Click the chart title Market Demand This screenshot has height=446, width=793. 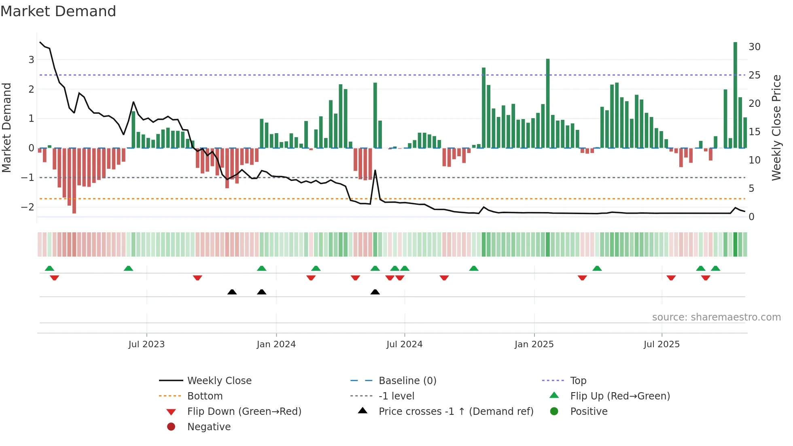(x=58, y=11)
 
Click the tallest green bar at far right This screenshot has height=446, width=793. (x=735, y=95)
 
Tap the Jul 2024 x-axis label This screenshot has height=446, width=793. (x=404, y=344)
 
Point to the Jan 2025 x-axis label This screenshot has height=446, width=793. (x=534, y=344)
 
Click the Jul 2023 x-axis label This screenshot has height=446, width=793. (x=146, y=344)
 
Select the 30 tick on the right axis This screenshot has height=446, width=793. (x=754, y=47)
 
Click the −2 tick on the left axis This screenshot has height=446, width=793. (x=28, y=207)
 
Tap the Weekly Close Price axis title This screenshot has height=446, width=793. (x=776, y=127)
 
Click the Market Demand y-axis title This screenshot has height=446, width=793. (x=6, y=127)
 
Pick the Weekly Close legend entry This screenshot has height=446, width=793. (x=219, y=381)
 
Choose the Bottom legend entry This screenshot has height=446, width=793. (x=205, y=396)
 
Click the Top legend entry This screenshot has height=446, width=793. (x=578, y=381)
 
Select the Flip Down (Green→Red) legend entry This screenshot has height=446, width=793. (x=244, y=412)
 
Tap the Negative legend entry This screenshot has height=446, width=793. (x=209, y=427)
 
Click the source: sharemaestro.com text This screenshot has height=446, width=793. (x=716, y=317)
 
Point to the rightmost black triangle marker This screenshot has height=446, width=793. (x=375, y=292)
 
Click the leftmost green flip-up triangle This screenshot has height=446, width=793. (x=49, y=268)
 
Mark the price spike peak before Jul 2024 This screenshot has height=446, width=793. (x=375, y=170)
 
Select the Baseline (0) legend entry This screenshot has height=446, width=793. (x=407, y=381)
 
